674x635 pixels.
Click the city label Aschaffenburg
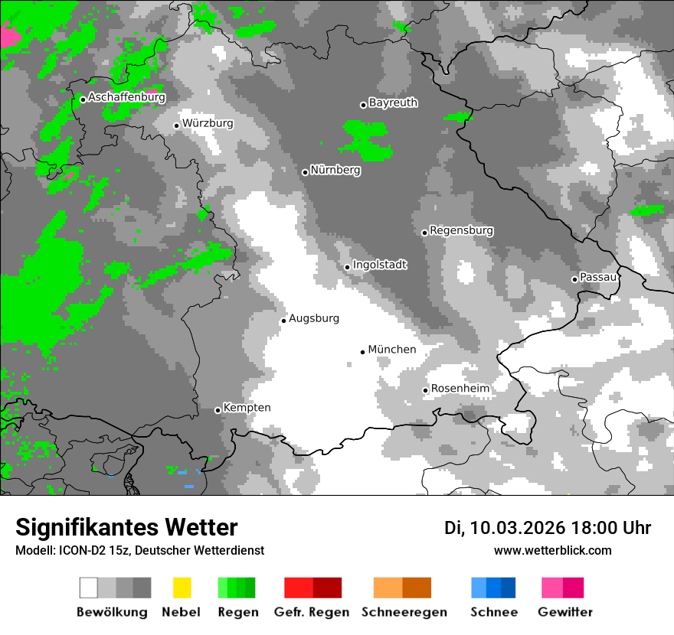[x=126, y=98]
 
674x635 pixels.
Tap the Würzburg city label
[x=208, y=123]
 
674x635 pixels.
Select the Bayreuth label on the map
[x=393, y=103]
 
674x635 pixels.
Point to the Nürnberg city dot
[x=305, y=172]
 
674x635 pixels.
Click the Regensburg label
[x=461, y=230]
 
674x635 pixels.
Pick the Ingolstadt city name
[x=379, y=265]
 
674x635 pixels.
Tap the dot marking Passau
[x=574, y=279]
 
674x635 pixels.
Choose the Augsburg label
[x=314, y=318]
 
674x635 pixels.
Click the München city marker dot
[x=362, y=352]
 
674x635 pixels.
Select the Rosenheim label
[x=460, y=389]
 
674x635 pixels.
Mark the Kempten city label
[x=247, y=408]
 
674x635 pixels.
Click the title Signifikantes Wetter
[x=126, y=527]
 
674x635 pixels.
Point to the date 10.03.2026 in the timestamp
[x=518, y=528]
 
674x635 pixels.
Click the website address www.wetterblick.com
[x=553, y=551]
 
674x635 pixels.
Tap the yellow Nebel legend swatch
[x=182, y=588]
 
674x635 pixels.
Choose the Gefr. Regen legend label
[x=312, y=612]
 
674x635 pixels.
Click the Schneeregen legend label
[x=404, y=612]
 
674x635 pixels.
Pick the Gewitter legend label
[x=565, y=612]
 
